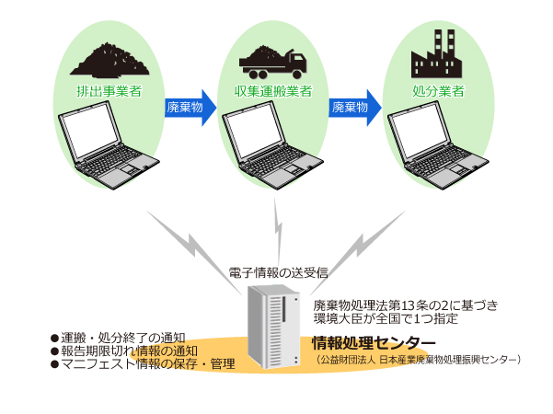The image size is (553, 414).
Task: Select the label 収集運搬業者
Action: pyautogui.click(x=274, y=91)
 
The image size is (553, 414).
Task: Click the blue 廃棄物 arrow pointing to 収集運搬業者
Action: pyautogui.click(x=189, y=108)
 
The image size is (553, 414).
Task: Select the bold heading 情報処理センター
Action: pyautogui.click(x=367, y=343)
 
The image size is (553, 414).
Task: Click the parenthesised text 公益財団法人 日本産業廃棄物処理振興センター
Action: pyautogui.click(x=418, y=360)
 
